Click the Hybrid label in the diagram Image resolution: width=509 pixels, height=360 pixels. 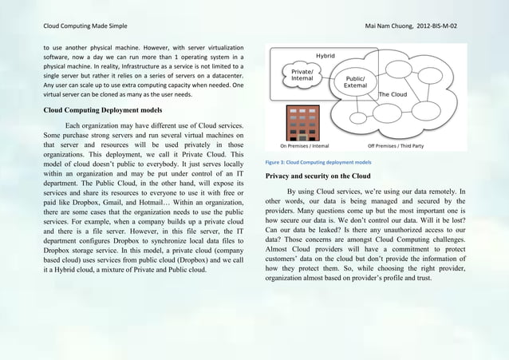[326, 56]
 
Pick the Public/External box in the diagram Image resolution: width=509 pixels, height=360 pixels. [356, 82]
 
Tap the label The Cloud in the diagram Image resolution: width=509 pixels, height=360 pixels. [393, 94]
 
